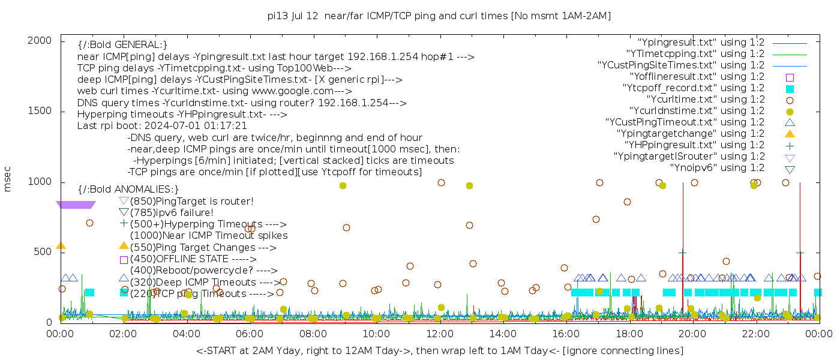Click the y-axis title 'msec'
tap(8, 179)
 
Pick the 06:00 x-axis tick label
tap(250, 334)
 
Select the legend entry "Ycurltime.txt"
tap(705, 100)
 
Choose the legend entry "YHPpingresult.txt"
tap(694, 145)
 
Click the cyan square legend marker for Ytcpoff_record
tap(790, 89)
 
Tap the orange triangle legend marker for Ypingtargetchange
tap(790, 134)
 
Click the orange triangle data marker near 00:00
tap(61, 245)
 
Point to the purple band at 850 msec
tap(76, 205)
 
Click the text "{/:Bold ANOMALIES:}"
tap(128, 190)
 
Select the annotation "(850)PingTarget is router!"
tap(191, 201)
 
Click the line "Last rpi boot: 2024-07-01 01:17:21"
tap(162, 126)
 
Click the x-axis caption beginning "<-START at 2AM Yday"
tap(439, 350)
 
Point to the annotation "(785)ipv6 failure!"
tap(172, 212)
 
